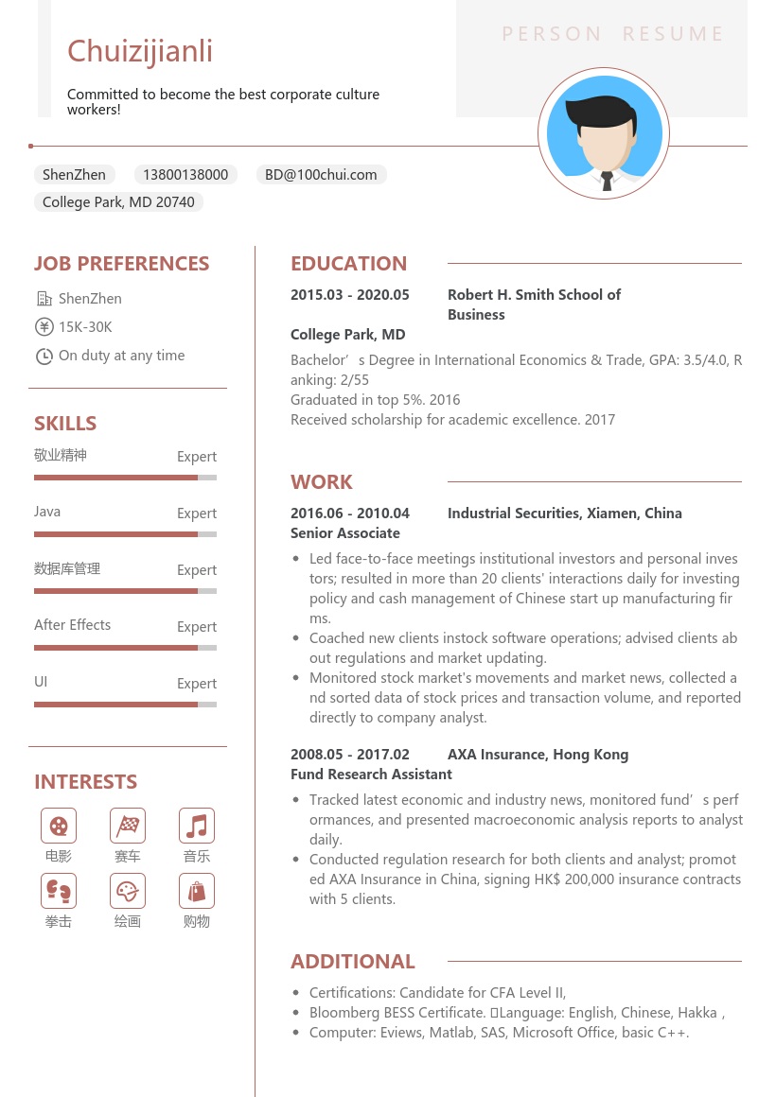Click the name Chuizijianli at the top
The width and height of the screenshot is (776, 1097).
pyautogui.click(x=140, y=51)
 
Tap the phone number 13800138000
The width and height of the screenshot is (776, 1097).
pyautogui.click(x=185, y=175)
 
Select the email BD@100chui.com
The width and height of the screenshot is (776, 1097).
pyautogui.click(x=321, y=175)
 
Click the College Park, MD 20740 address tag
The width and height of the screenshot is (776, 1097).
pyautogui.click(x=118, y=202)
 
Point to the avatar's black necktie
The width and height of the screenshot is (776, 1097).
pyautogui.click(x=607, y=181)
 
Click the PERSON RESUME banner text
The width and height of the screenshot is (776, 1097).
pyautogui.click(x=612, y=35)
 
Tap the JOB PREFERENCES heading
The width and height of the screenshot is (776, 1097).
pyautogui.click(x=122, y=264)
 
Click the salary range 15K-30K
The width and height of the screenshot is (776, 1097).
pyautogui.click(x=85, y=327)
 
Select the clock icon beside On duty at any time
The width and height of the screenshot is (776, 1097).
pyautogui.click(x=44, y=357)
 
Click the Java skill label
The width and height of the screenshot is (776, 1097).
pyautogui.click(x=47, y=512)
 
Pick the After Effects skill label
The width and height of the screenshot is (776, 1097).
pyautogui.click(x=72, y=625)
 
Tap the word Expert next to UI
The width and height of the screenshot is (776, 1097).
pyautogui.click(x=197, y=684)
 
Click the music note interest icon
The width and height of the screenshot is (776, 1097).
pyautogui.click(x=197, y=826)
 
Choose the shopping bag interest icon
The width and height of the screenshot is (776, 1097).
pyautogui.click(x=197, y=891)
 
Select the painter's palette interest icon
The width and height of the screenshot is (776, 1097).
pyautogui.click(x=128, y=891)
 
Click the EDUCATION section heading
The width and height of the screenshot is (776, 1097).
pyautogui.click(x=348, y=264)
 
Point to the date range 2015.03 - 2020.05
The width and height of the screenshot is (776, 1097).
pyautogui.click(x=350, y=295)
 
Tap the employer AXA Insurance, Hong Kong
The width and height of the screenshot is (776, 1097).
pyautogui.click(x=538, y=755)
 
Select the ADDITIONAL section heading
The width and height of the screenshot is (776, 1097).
pyautogui.click(x=353, y=962)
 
